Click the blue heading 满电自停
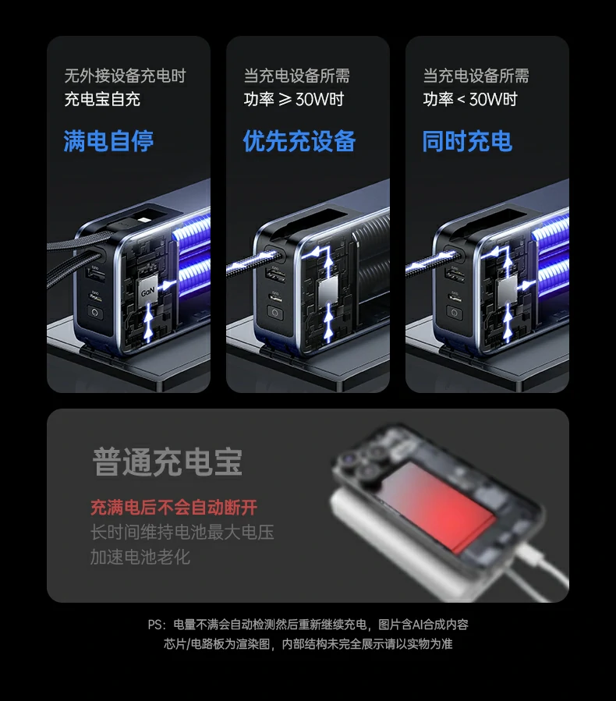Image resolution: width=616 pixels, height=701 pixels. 108,141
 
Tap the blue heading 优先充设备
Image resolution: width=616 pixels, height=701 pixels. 299,141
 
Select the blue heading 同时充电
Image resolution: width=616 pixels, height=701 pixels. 467,141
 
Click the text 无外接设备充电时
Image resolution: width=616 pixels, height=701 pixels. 125,76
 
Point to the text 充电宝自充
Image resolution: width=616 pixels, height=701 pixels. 102,99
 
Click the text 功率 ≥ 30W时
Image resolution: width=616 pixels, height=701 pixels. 293,99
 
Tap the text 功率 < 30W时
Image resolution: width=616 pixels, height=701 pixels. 470,99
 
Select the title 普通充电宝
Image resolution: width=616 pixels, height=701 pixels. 168,462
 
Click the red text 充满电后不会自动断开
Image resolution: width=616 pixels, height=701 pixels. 173,508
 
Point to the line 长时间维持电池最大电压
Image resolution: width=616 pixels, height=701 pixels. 182,533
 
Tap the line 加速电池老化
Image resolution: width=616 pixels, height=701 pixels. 140,557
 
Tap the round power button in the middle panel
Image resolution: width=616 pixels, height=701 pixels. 274,313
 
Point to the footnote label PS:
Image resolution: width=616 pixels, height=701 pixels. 157,625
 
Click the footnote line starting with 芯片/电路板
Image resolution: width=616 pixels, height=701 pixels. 308,644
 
